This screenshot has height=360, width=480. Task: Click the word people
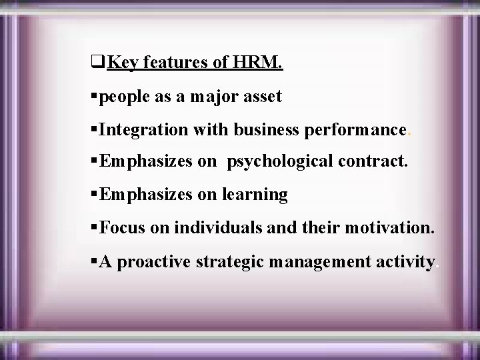[125, 97]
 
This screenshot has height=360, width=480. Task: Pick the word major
[212, 97]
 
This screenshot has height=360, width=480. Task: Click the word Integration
[144, 129]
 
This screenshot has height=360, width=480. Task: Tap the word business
[266, 129]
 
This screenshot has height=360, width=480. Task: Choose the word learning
[255, 195]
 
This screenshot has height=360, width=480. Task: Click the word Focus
[125, 227]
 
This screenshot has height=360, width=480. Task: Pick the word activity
[405, 261]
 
